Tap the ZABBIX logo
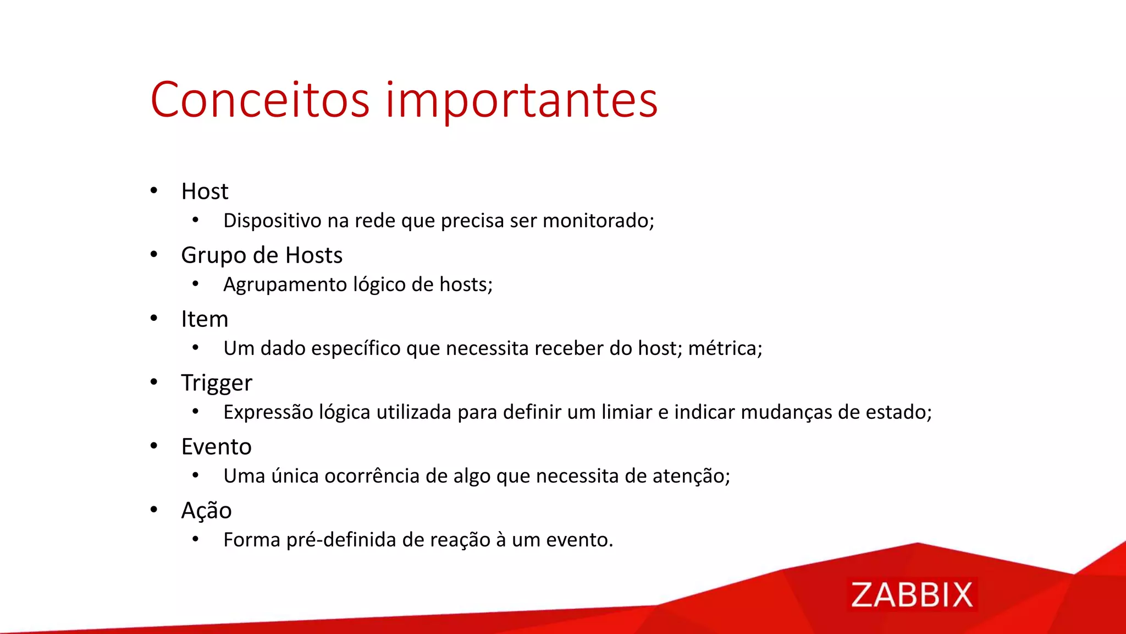coord(912,595)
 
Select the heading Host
coord(205,192)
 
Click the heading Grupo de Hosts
coord(262,255)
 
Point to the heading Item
coord(205,319)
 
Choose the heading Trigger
coord(217,383)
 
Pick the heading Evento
coord(216,447)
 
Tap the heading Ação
coord(206,511)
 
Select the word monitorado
coord(597,221)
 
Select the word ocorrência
coord(372,476)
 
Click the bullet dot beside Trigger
coord(154,382)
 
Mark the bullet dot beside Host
coord(154,190)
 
